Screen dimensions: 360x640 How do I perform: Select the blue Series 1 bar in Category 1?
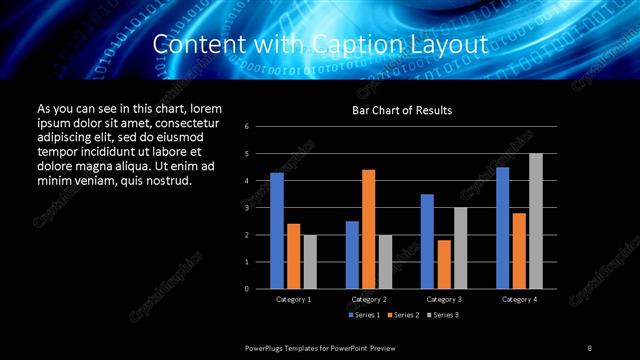[x=276, y=230]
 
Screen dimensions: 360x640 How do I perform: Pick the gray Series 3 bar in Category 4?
[x=535, y=220]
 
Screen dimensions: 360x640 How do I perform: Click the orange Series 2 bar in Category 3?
[x=444, y=264]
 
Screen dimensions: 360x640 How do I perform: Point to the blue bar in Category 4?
[x=502, y=227]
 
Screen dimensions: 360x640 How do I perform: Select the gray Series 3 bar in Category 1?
[x=309, y=261]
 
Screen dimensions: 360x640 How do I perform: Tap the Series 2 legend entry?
[x=403, y=315]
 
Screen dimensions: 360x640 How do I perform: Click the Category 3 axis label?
[x=443, y=299]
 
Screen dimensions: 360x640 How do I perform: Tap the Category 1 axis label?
[x=293, y=299]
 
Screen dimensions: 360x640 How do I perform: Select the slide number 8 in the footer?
[x=590, y=347]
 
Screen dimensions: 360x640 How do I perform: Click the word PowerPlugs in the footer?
[x=265, y=347]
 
